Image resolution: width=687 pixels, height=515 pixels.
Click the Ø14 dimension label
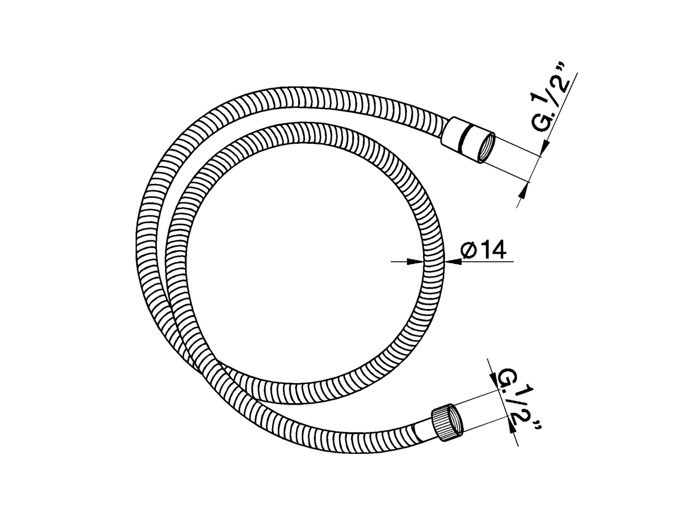point(484,250)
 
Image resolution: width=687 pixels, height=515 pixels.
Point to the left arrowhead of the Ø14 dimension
point(414,262)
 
